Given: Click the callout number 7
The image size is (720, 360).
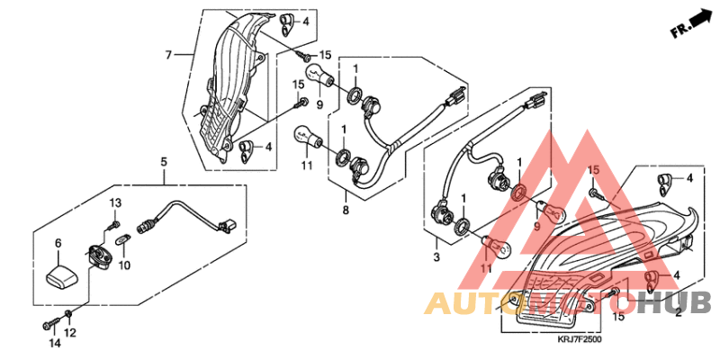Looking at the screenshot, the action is pos(168,55).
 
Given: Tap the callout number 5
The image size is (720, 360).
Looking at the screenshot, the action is pos(164,162).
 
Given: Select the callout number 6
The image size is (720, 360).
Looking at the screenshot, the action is pos(58,243).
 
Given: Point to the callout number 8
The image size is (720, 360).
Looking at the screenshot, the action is pos(346,211).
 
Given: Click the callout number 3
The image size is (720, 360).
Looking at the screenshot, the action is pos(436,256).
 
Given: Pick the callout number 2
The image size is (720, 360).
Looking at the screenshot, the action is pos(678,314).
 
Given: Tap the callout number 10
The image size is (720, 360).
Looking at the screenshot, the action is pos(125,265).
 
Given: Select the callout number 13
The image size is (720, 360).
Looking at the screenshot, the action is pos(115,202).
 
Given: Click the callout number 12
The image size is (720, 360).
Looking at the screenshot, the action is pos(70,333).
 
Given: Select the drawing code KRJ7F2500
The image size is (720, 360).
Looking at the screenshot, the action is pos(580,339).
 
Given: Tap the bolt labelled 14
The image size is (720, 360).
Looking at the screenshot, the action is pos(51,323).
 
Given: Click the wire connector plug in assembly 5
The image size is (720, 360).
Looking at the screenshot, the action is pos(227,225).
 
